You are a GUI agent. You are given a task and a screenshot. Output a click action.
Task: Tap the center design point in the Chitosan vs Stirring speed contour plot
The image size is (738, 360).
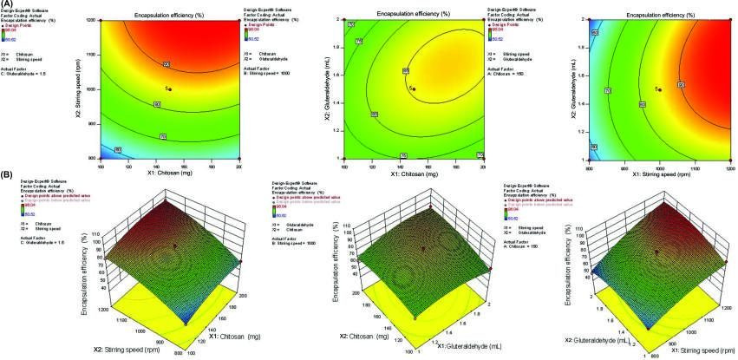(172, 89)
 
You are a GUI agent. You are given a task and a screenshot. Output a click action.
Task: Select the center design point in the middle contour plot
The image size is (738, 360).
(414, 89)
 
